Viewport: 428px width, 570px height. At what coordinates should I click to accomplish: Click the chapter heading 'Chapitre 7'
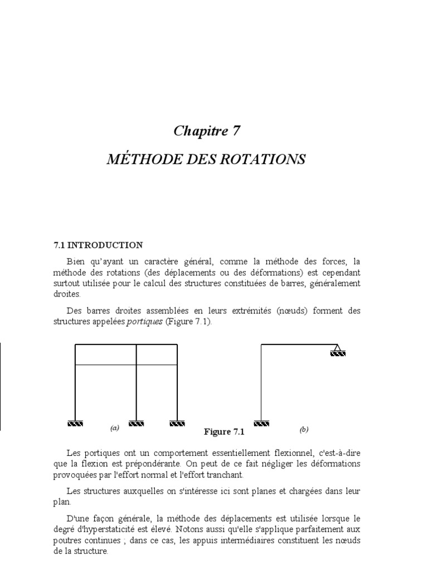point(207,131)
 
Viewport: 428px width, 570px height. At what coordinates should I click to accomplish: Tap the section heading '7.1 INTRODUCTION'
point(98,245)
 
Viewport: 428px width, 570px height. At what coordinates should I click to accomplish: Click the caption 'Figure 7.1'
point(225,432)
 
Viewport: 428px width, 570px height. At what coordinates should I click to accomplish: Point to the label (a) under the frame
point(115,429)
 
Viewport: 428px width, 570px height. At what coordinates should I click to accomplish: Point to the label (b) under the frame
point(304,429)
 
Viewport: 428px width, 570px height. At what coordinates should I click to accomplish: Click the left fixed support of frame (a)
point(75,423)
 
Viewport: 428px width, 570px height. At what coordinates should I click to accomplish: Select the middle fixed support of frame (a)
point(137,423)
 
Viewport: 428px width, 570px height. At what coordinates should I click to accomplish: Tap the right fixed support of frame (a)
point(177,423)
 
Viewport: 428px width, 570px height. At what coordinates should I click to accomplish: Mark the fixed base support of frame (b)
point(261,423)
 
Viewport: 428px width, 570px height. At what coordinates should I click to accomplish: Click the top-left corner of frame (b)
point(261,345)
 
